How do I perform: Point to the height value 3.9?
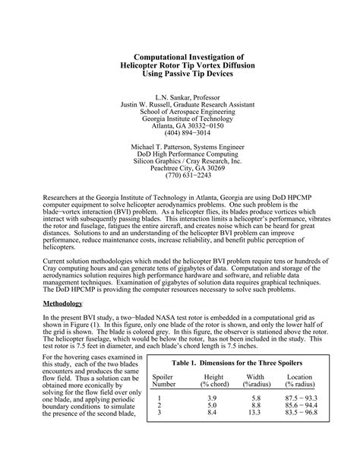coord(214,398)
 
